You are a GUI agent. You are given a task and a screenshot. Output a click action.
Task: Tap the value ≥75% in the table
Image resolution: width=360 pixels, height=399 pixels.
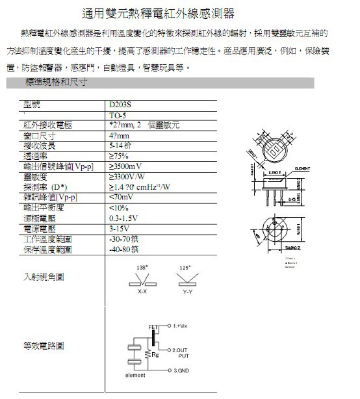pyautogui.click(x=120, y=156)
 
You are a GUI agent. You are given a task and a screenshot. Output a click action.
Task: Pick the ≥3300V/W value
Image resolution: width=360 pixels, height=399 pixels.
pyautogui.click(x=127, y=176)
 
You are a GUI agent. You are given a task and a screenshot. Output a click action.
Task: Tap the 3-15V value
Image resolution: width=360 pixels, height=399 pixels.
pyautogui.click(x=118, y=229)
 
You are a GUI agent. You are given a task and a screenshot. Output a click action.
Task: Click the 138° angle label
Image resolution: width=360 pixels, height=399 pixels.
pyautogui.click(x=142, y=268)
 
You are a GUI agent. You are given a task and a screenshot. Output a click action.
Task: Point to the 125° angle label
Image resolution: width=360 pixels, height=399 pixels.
pyautogui.click(x=185, y=268)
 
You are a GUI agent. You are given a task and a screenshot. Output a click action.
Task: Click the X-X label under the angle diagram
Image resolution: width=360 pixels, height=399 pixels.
pyautogui.click(x=142, y=292)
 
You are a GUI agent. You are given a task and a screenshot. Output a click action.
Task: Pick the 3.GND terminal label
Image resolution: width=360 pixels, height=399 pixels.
pyautogui.click(x=181, y=370)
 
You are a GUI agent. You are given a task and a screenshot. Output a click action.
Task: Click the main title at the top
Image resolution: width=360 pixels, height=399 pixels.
pyautogui.click(x=159, y=14)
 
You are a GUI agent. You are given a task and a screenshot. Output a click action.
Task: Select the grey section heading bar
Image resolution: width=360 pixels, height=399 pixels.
pyautogui.click(x=159, y=83)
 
